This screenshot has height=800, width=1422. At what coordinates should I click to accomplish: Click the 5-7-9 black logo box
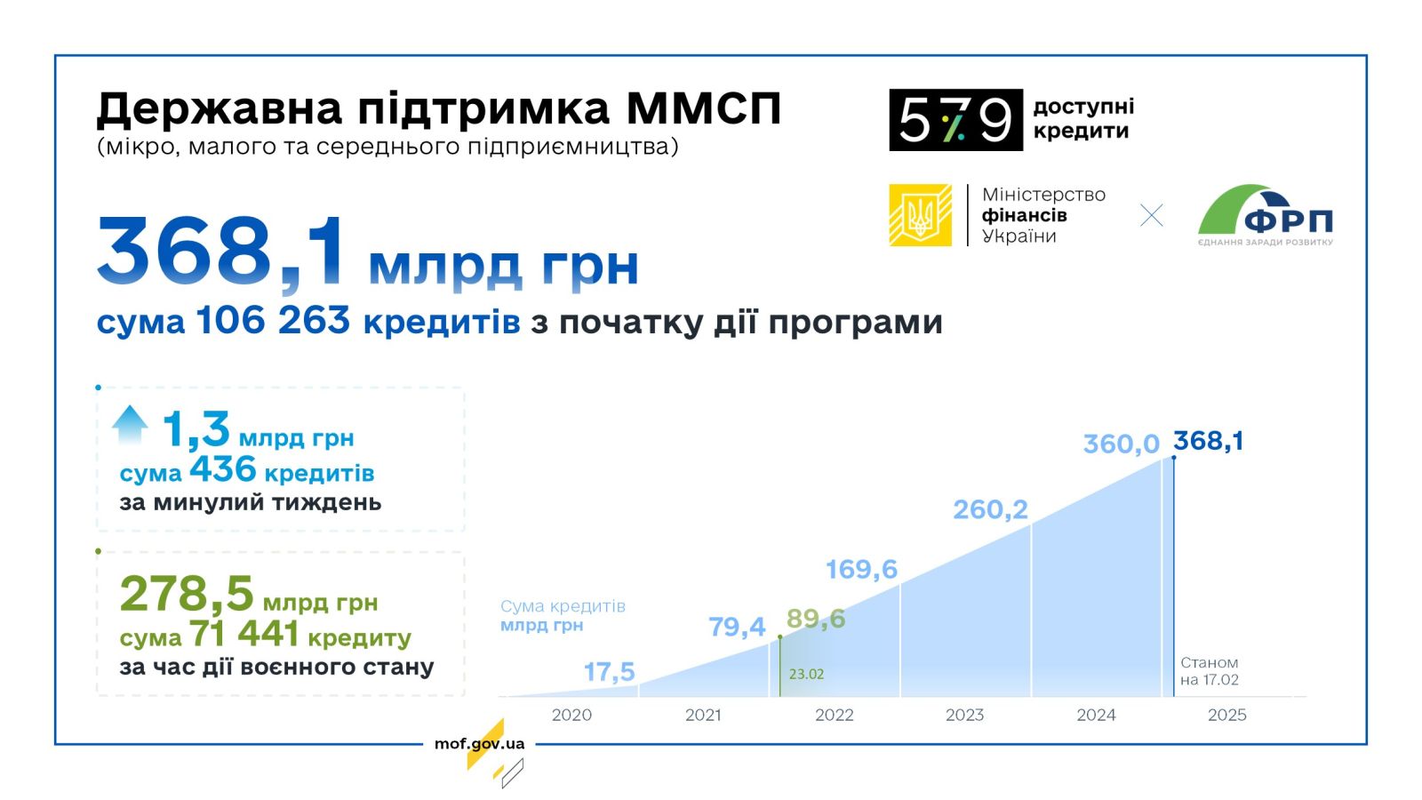[x=955, y=120]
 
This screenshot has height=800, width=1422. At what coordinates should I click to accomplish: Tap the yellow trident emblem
[x=920, y=215]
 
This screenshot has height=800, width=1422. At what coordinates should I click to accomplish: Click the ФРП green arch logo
[x=1266, y=215]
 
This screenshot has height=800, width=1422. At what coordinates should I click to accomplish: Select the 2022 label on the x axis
[x=835, y=715]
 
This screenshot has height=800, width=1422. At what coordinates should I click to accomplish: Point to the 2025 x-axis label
[x=1226, y=715]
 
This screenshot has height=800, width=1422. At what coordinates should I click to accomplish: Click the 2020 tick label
[x=571, y=715]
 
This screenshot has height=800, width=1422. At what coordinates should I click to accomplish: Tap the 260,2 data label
[x=990, y=509]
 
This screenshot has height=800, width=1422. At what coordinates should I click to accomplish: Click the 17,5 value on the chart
[x=609, y=672]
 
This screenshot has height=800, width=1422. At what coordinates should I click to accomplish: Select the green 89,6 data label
[x=816, y=619]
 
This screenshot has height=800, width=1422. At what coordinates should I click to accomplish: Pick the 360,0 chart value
[x=1121, y=444]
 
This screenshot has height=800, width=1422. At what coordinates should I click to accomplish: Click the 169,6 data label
[x=861, y=570]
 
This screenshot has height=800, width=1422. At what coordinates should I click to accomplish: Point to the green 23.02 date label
[x=806, y=674]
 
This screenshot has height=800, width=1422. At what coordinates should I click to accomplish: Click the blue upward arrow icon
[x=130, y=425]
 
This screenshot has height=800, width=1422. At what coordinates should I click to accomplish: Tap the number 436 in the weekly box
[x=223, y=470]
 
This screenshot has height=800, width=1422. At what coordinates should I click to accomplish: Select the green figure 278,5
[x=187, y=594]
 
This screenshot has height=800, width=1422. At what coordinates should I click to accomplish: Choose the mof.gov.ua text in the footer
[x=479, y=743]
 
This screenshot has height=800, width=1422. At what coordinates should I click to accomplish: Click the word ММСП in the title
[x=703, y=108]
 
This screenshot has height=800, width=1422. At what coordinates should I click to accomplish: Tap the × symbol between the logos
[x=1151, y=215]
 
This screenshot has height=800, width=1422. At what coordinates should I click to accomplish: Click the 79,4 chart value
[x=737, y=628]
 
